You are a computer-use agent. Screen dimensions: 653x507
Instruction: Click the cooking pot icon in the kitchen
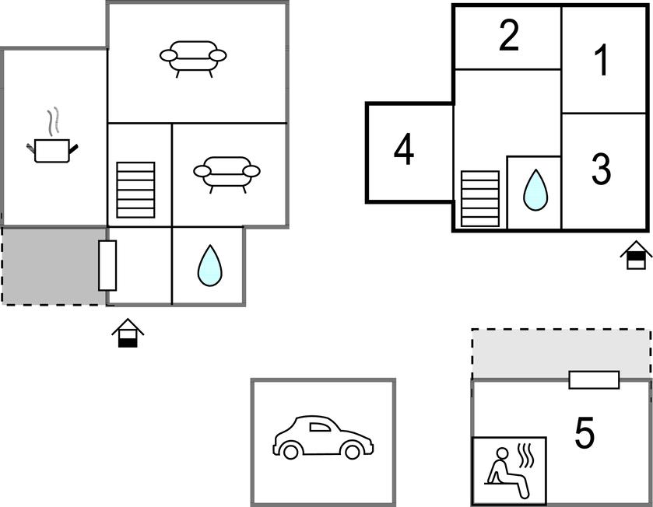52,151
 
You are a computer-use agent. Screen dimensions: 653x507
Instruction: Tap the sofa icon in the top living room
193,59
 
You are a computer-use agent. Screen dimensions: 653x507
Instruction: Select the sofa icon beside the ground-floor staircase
227,175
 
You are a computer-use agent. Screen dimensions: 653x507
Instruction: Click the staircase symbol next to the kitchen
135,190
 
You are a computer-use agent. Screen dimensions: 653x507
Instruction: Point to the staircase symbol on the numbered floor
480,199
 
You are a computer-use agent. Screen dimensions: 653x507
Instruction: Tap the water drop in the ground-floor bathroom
210,265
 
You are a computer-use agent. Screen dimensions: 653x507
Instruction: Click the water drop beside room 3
535,190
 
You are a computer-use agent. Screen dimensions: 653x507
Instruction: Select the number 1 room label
602,61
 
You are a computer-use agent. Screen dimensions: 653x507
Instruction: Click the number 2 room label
508,35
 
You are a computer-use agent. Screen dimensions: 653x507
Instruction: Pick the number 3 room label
602,169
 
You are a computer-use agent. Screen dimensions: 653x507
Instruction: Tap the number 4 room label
403,149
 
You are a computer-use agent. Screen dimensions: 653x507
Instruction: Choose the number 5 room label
585,432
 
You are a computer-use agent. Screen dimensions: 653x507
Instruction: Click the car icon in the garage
323,437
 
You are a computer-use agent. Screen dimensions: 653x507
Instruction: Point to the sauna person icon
508,472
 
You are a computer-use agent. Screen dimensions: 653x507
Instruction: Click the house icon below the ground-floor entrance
128,333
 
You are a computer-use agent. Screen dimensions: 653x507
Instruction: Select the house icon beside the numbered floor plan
636,255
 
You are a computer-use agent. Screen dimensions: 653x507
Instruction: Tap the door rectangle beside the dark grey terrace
107,265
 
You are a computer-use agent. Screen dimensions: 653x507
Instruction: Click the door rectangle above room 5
594,380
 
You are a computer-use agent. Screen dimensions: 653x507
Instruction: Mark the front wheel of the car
353,451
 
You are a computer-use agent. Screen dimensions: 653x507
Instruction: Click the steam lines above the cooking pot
53,121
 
